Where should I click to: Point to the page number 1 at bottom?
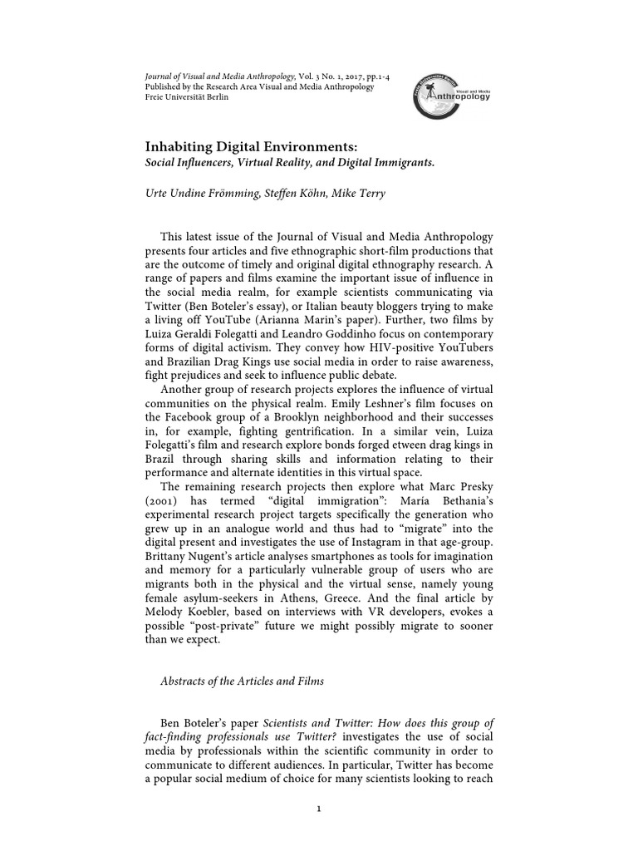[x=318, y=808]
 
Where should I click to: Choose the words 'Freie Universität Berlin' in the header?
[x=187, y=96]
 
